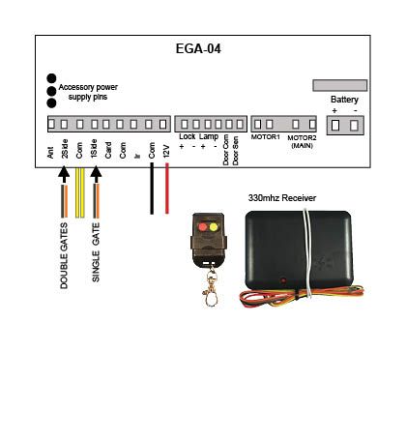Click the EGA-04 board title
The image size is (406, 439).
(x=198, y=48)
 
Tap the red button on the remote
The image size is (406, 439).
(x=203, y=227)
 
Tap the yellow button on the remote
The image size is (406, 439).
(x=214, y=227)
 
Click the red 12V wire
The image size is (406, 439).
(x=167, y=189)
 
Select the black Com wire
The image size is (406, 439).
(x=152, y=189)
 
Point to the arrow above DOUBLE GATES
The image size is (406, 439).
(x=64, y=174)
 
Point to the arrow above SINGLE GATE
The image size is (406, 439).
(x=96, y=174)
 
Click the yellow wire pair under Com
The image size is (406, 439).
(x=80, y=192)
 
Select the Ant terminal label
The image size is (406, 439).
(x=50, y=153)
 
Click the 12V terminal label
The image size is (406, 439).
(x=166, y=151)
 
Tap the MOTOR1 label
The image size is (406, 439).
(x=266, y=137)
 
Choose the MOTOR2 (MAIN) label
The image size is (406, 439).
(x=302, y=141)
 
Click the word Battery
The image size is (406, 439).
(x=344, y=100)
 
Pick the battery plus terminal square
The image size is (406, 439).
(x=335, y=125)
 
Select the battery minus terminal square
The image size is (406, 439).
(x=354, y=125)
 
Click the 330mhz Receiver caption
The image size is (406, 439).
(x=282, y=198)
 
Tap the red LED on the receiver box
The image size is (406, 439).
(x=283, y=280)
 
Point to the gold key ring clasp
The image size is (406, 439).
(x=211, y=287)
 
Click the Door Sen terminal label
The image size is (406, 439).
(x=236, y=151)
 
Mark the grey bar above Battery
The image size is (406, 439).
(x=340, y=85)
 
